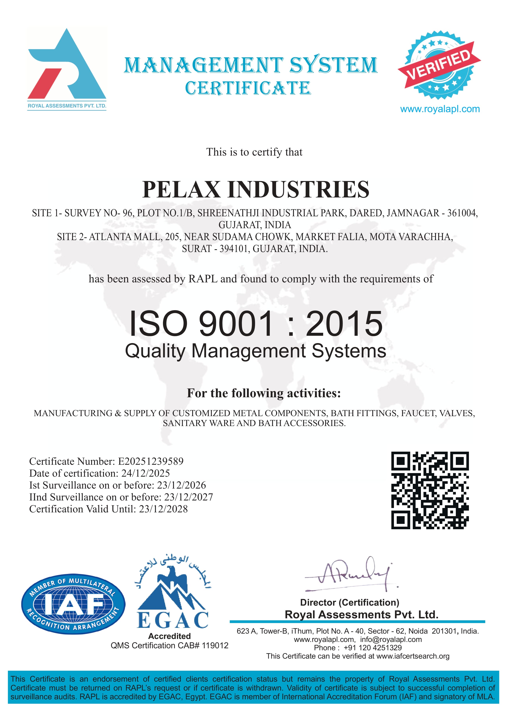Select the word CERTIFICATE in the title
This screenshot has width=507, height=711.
248,88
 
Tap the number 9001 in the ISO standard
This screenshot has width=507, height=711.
236,324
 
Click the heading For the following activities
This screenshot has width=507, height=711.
264,393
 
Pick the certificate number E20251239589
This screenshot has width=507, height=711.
151,461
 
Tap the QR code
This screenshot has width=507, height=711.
430,490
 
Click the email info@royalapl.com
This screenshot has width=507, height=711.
391,640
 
